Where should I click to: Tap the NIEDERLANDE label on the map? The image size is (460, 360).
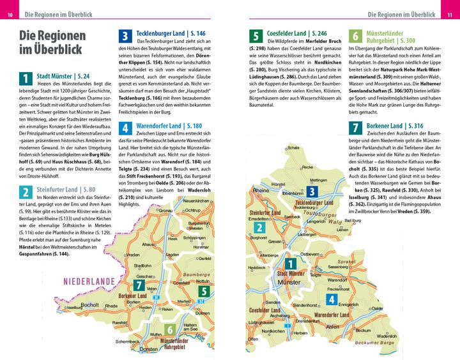click(x=89, y=281)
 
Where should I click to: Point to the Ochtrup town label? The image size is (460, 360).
click(x=193, y=209)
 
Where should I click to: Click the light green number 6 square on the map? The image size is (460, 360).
click(x=170, y=329)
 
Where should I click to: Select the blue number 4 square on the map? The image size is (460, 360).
click(x=332, y=299)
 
